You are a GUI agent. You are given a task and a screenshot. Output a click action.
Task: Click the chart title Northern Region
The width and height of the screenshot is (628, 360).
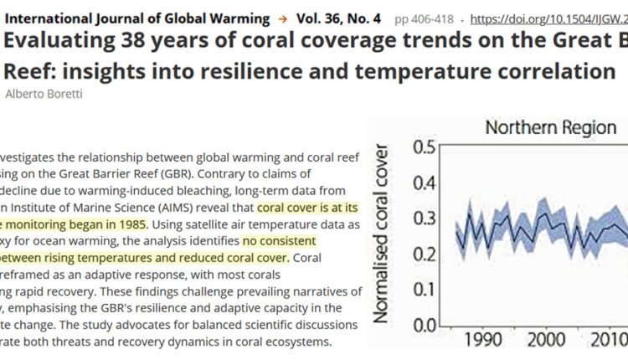tap(551, 129)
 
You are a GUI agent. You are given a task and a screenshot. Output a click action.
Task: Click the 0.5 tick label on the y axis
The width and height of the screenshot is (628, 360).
tap(425, 148)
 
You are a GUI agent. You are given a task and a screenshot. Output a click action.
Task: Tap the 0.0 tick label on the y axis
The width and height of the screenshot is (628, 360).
tap(425, 326)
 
